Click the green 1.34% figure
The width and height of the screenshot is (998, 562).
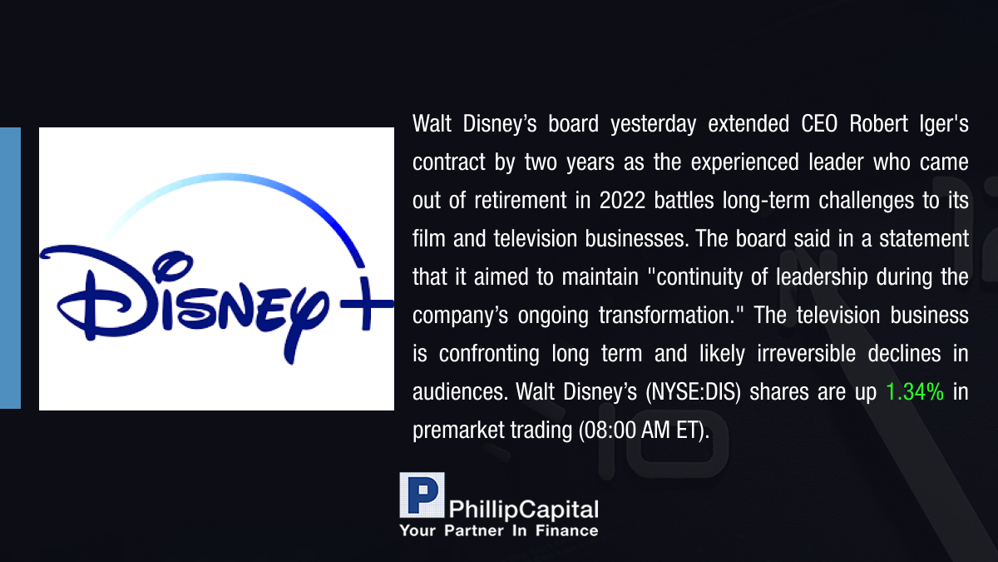click(915, 392)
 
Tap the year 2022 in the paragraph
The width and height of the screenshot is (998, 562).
click(622, 201)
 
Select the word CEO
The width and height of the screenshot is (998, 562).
click(819, 123)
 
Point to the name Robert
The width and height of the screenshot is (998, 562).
click(878, 123)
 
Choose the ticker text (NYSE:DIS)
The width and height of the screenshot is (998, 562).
click(693, 392)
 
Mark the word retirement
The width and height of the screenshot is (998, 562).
click(520, 201)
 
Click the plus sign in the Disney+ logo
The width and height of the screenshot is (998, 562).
click(366, 304)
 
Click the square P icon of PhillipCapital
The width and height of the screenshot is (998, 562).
click(422, 495)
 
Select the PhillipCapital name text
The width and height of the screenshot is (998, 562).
click(523, 510)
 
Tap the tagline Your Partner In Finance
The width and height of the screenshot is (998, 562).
click(499, 530)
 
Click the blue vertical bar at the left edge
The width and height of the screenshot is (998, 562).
click(10, 268)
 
